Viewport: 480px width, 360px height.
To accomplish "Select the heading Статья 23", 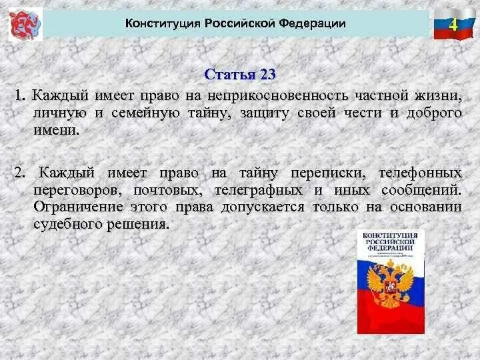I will (239, 74).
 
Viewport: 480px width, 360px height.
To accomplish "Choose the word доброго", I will (434, 113).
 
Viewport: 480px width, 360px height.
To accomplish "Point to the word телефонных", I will (420, 173).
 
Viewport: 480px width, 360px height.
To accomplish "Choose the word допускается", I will (263, 207).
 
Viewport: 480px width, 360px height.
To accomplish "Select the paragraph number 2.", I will (19, 173).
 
